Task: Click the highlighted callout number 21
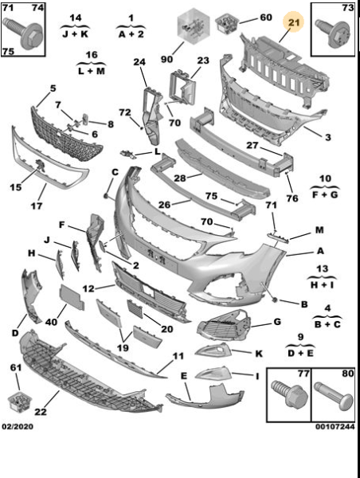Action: (294, 22)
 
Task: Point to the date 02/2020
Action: (18, 426)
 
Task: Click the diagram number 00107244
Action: (335, 426)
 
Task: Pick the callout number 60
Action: (266, 18)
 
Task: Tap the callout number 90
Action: (167, 59)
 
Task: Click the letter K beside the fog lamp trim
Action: (259, 353)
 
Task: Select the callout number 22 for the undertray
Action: (41, 412)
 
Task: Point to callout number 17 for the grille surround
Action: (37, 206)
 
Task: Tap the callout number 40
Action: (51, 322)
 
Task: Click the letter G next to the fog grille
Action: (277, 321)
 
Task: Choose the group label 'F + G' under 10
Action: (325, 194)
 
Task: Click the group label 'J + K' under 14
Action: (75, 33)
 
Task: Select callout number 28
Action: (179, 178)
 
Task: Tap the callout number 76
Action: (292, 198)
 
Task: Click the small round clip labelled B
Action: (274, 300)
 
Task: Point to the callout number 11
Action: (178, 356)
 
